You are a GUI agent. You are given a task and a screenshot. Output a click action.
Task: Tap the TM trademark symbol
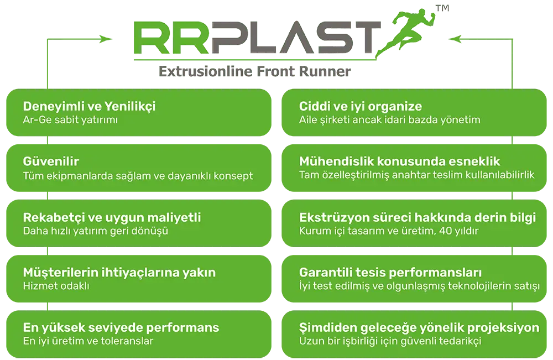pyautogui.click(x=442, y=8)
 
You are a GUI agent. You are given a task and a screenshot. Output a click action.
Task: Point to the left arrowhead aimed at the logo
pyautogui.click(x=106, y=39)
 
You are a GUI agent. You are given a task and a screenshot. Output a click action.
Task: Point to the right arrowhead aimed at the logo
pyautogui.click(x=455, y=39)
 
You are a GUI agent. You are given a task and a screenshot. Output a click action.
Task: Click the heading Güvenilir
pyautogui.click(x=51, y=161)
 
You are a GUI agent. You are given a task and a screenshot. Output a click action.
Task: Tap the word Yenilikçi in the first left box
pyautogui.click(x=130, y=107)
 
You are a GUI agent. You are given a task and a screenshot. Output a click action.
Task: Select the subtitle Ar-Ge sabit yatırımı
pyautogui.click(x=70, y=120)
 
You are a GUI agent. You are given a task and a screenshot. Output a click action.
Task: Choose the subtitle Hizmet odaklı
pyautogui.click(x=56, y=285)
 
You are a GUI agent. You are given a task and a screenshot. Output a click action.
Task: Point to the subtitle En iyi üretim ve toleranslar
pyautogui.click(x=88, y=341)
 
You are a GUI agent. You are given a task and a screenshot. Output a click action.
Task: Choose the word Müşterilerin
pyautogui.click(x=60, y=273)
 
